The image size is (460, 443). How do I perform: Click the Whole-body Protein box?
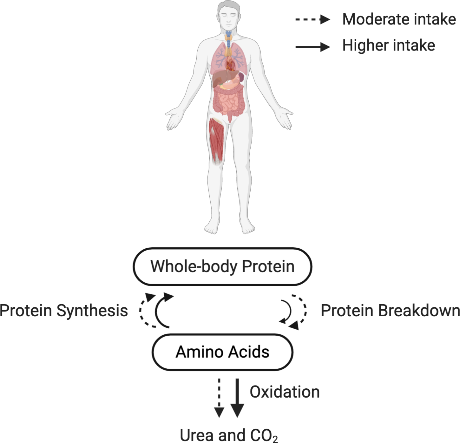[222, 266]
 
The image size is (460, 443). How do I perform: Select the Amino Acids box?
[222, 352]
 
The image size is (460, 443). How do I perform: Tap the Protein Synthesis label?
[64, 311]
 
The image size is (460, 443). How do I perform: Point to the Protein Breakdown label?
[390, 311]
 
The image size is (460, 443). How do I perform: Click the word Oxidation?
[285, 392]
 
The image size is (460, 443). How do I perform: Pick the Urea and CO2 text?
[228, 435]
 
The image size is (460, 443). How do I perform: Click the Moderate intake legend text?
[399, 19]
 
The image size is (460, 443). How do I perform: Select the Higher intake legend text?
[389, 45]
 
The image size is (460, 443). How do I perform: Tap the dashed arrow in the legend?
[312, 19]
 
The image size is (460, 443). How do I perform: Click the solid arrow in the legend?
[312, 47]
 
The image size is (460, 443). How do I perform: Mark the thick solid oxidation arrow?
[237, 397]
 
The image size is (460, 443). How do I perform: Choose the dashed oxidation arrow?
[219, 397]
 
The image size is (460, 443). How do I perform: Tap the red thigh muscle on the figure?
[216, 138]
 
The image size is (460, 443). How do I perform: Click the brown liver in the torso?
[220, 78]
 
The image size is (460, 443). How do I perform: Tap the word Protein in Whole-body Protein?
[268, 266]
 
